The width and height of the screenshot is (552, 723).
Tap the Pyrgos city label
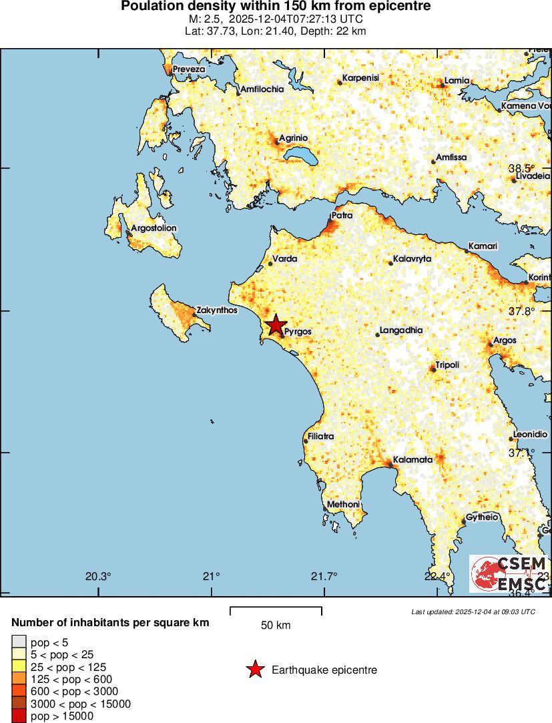point(298,331)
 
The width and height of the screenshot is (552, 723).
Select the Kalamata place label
point(409,459)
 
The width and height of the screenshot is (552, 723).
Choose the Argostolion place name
point(154,228)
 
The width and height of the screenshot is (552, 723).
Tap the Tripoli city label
point(447,365)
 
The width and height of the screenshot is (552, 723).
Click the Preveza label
point(189,69)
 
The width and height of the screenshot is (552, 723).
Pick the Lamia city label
point(457,81)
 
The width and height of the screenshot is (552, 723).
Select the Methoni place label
point(343,504)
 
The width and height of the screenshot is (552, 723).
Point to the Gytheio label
point(483,517)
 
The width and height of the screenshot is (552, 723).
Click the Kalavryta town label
point(412,258)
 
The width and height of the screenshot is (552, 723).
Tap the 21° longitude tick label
point(212,577)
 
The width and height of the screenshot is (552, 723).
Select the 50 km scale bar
point(276,610)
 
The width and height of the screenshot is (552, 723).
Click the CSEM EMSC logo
point(509,573)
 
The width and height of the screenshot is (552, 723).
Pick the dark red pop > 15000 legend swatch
point(19,716)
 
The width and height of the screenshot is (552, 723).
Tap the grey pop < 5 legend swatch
point(19,642)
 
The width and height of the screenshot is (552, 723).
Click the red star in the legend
point(255,670)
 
